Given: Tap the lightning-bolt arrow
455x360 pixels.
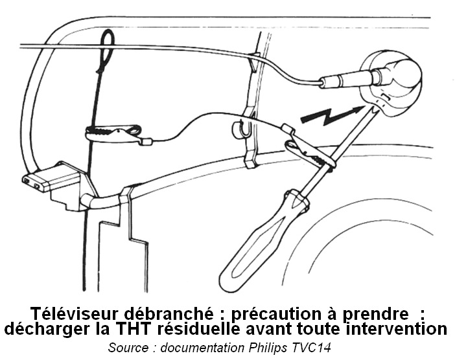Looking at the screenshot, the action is click(x=331, y=115).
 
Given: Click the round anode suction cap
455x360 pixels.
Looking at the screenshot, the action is click(x=390, y=83).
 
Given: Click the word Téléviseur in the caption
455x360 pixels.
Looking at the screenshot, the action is click(x=75, y=313).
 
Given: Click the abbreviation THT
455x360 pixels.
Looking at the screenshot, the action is click(x=134, y=330).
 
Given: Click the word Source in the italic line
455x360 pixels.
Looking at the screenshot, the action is click(x=128, y=348).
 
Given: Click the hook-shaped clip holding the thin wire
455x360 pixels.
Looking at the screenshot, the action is click(x=243, y=128).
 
